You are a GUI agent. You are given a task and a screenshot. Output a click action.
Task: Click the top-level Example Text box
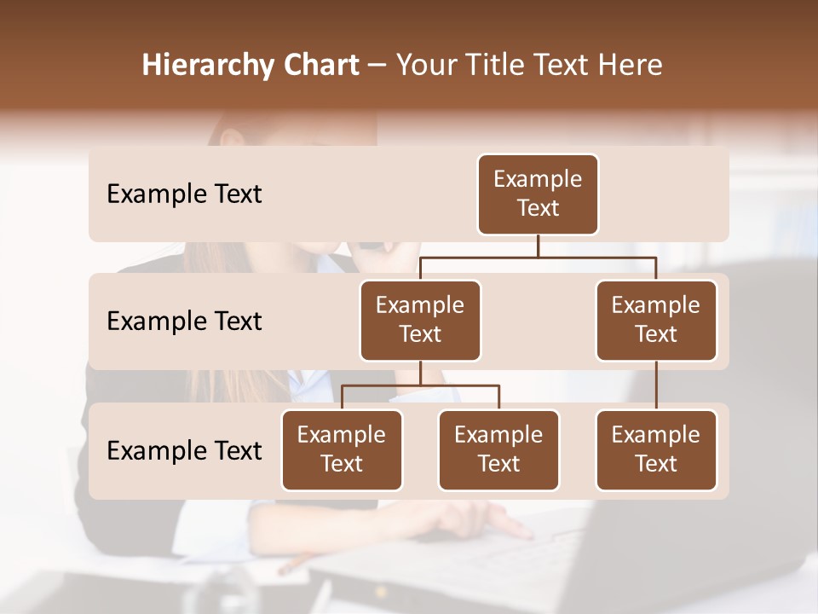[x=538, y=194]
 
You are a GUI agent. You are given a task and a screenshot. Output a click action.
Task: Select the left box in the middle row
[x=420, y=321]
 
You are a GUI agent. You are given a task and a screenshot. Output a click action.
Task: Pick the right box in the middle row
[x=656, y=321]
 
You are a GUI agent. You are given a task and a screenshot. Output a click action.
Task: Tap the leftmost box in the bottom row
[x=342, y=450]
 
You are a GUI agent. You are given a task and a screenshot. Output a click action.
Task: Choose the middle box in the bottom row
[x=498, y=450]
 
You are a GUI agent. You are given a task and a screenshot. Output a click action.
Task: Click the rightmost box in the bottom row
[x=656, y=450]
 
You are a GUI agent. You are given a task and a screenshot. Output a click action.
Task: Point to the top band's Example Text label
[x=184, y=194]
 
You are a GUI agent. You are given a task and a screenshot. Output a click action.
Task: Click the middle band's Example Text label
[x=184, y=321]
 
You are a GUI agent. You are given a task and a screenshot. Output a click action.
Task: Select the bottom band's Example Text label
[x=184, y=450]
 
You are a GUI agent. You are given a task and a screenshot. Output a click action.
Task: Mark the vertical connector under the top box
[x=538, y=246]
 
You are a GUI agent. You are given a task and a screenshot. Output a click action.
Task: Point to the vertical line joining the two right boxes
[x=656, y=385]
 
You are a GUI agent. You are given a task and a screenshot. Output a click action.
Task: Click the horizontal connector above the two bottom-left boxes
[x=420, y=385]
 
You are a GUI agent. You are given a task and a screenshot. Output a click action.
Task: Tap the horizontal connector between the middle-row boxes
[x=538, y=256]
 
